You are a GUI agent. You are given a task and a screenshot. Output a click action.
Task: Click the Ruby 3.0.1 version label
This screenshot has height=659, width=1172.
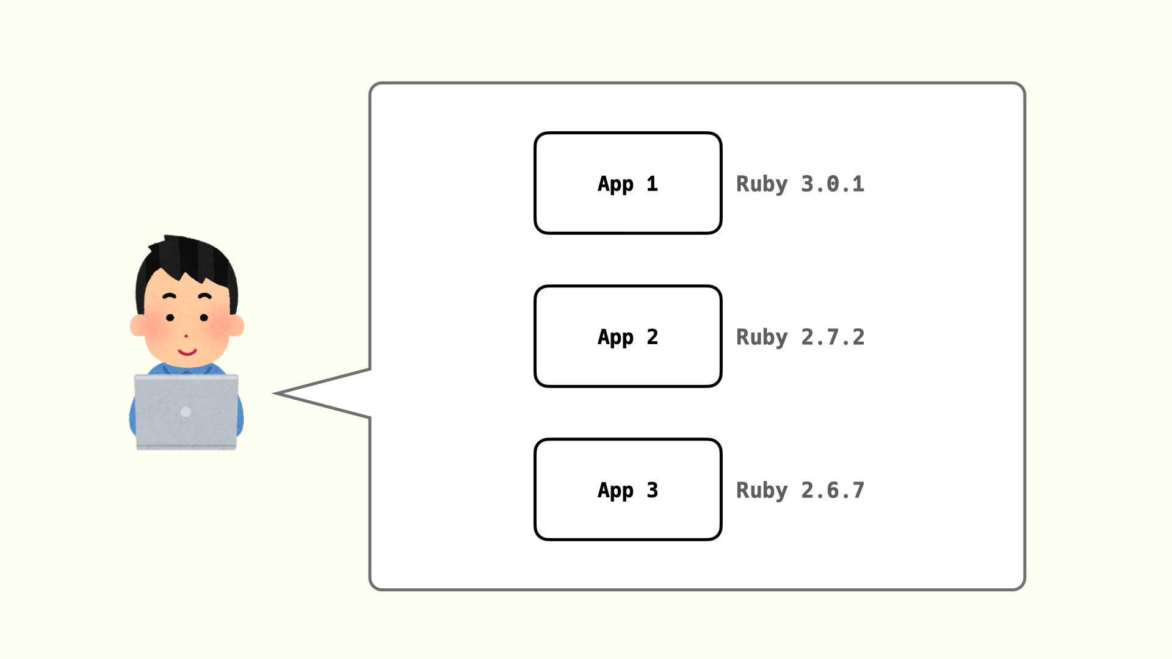800,184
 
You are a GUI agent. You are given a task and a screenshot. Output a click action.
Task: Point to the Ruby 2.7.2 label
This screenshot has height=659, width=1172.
800,337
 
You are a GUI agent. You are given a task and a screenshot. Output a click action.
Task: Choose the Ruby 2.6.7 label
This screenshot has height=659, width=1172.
800,491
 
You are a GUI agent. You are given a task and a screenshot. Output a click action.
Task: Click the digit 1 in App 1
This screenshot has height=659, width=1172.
653,184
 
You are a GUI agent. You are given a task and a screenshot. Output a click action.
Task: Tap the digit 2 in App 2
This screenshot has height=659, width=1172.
653,337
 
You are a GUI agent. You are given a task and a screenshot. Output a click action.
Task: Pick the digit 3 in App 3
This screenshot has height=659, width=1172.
653,490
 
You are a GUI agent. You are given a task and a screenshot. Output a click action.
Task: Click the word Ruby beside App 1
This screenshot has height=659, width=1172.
762,184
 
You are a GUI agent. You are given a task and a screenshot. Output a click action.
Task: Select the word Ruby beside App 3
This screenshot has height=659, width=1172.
762,491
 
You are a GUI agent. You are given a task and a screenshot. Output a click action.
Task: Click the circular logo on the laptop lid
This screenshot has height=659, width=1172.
186,412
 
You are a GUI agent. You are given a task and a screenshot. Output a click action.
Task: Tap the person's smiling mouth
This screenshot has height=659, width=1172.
187,352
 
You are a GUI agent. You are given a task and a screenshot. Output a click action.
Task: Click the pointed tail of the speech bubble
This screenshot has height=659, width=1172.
274,394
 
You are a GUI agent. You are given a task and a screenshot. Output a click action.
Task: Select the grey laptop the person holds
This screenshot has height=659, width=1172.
186,412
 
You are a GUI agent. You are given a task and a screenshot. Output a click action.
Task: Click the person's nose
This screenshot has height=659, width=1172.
186,336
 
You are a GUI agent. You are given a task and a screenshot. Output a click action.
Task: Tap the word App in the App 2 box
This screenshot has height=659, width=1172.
615,337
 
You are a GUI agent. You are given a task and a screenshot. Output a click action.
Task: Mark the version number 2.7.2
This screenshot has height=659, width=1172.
833,337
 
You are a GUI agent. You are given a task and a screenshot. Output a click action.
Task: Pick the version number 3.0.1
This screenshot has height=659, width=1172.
833,184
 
